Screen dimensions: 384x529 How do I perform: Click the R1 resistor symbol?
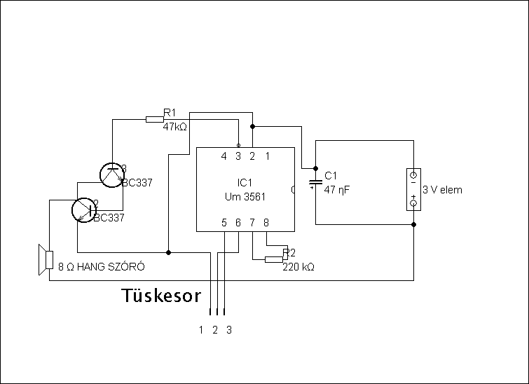click(x=154, y=119)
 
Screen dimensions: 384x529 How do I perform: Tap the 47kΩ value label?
click(x=175, y=128)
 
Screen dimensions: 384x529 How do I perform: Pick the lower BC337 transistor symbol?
click(x=84, y=209)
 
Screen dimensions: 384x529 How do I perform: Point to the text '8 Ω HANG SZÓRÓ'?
click(x=102, y=267)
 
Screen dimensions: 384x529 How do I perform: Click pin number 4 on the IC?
click(x=224, y=156)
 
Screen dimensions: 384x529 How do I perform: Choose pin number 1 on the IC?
click(x=267, y=156)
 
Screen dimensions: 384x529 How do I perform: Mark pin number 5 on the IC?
click(x=224, y=223)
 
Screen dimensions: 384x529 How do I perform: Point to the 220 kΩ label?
click(x=298, y=267)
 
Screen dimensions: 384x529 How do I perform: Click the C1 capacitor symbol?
click(x=315, y=184)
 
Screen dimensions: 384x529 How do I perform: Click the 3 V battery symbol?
click(x=413, y=189)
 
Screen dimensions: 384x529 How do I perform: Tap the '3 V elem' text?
click(x=442, y=190)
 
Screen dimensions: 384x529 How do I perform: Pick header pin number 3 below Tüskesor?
click(x=229, y=329)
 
